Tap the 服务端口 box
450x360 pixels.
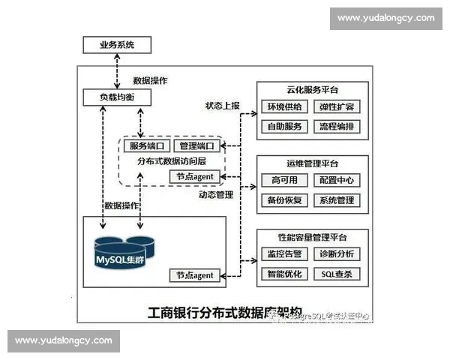tap(148, 145)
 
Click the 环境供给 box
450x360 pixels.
tap(283, 106)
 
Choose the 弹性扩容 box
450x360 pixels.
tap(334, 106)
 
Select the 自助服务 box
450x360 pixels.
tap(283, 126)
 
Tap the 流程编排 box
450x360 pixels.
tap(334, 126)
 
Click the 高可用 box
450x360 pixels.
tap(283, 180)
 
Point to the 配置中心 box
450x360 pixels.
tap(334, 180)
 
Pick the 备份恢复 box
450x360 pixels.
tap(283, 200)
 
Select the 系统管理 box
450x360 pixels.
tap(334, 200)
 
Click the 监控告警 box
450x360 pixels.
tap(283, 253)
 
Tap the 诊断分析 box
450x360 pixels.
tap(334, 253)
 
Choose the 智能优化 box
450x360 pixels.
tap(283, 274)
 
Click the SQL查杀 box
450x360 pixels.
tap(334, 274)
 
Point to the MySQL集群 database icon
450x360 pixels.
tap(127, 255)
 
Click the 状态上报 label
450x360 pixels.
tap(223, 106)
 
